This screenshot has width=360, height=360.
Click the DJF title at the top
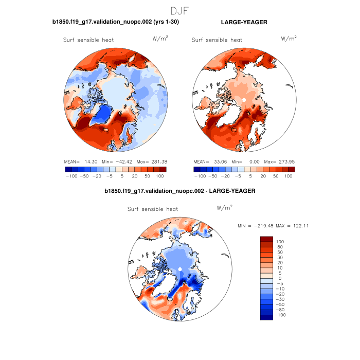[x=180, y=10]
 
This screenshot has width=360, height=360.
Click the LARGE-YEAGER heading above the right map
[x=244, y=23]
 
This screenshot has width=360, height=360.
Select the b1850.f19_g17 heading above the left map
[x=116, y=23]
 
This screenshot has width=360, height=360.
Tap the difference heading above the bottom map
[x=179, y=191]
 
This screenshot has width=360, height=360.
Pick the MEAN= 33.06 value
[x=209, y=161]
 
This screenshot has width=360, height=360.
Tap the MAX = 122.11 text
[x=292, y=226]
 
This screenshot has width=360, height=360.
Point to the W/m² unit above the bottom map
[x=224, y=208]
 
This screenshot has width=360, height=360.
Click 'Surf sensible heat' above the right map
[x=217, y=40]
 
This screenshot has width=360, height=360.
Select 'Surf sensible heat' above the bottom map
[x=153, y=209]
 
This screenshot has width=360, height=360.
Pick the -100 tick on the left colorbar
[x=71, y=176]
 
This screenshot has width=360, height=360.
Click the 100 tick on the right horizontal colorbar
[x=288, y=176]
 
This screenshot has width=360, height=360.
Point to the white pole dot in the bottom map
[x=181, y=269]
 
